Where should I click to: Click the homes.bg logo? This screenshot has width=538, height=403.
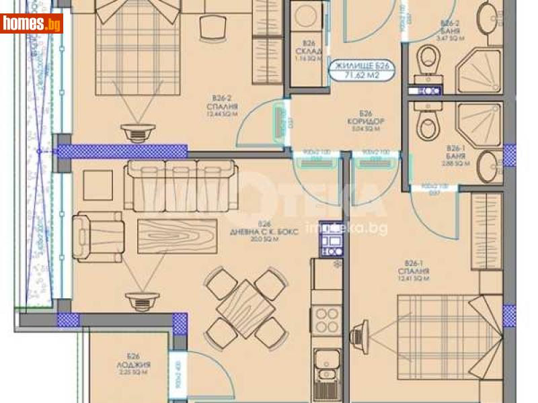tap(32, 24)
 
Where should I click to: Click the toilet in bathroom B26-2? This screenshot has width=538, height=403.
tap(428, 62)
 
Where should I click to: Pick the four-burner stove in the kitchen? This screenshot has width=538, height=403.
tap(327, 320)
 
